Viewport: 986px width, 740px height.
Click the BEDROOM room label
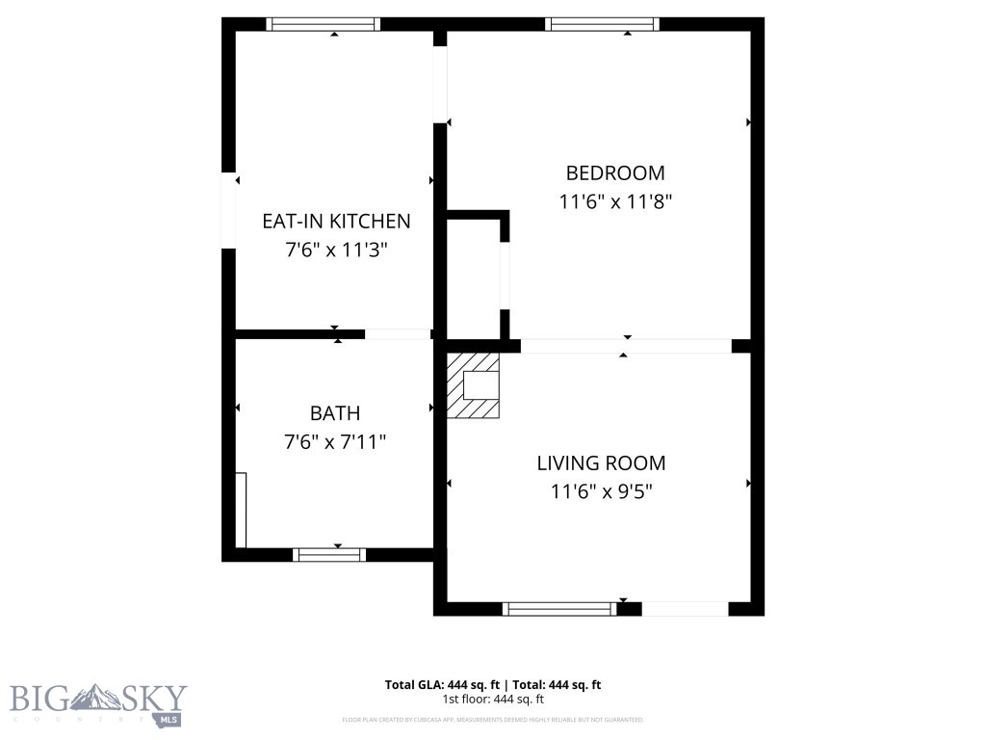point(614,173)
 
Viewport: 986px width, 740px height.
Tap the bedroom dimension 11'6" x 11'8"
point(614,202)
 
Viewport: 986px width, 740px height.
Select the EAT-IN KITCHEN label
point(336,221)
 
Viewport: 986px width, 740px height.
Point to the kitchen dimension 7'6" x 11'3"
point(336,250)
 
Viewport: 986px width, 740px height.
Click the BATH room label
point(335,413)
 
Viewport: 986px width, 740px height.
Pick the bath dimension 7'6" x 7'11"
point(335,442)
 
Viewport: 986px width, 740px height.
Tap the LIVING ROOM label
point(601,463)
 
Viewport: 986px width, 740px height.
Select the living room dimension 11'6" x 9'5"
point(601,491)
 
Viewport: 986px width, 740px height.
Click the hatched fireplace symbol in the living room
point(474,385)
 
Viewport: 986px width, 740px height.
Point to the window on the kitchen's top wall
point(324,24)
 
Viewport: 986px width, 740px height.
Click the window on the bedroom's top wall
point(603,24)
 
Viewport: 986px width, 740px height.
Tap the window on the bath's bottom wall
point(329,554)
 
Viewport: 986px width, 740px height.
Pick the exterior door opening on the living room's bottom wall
point(685,608)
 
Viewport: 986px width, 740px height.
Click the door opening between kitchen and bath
point(397,334)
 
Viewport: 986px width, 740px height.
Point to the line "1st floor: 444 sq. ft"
point(493,700)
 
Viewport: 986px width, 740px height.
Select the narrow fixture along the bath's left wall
point(242,510)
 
